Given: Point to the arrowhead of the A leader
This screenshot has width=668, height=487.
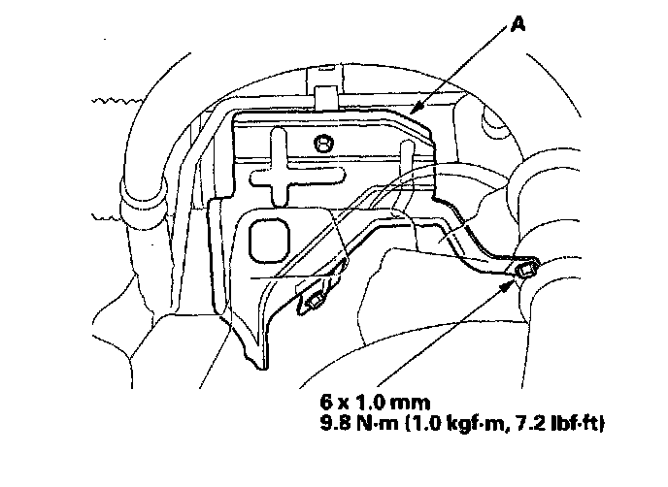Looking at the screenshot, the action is [413, 113].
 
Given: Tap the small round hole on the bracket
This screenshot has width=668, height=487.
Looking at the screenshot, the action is [323, 145].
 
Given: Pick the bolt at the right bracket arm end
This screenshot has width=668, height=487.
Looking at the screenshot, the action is [524, 270].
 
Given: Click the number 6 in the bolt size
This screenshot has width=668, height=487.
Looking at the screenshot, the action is [323, 401].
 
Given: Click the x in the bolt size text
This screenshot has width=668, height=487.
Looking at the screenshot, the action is [339, 402].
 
